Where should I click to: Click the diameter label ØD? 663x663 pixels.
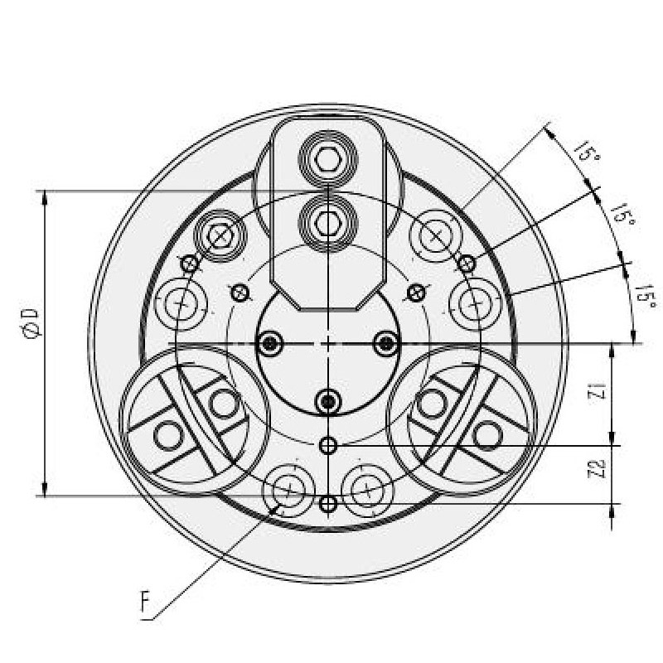tap(31, 323)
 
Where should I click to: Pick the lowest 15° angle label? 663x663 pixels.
tap(646, 296)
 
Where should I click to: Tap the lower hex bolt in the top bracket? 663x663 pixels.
tap(329, 220)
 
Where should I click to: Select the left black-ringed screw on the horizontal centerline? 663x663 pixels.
tap(271, 343)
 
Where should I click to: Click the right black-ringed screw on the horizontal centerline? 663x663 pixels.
tap(385, 343)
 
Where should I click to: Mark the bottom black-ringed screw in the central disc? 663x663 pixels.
tap(329, 402)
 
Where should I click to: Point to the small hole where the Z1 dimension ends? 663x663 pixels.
tap(329, 446)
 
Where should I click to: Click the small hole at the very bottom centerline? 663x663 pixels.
tap(329, 504)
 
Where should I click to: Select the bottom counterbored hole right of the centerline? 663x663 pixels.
tap(365, 490)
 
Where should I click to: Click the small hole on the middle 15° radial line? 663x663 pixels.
tap(467, 264)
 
